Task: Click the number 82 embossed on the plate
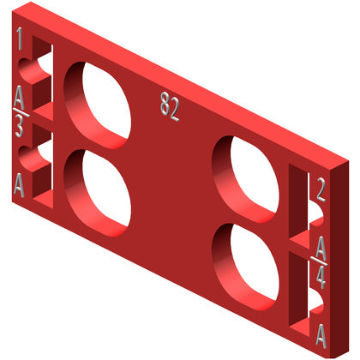(170, 106)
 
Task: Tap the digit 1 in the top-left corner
(20, 39)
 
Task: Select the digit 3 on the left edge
(19, 127)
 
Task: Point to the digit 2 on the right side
(321, 189)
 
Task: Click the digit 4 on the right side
(321, 277)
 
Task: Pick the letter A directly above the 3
(19, 97)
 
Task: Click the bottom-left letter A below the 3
(19, 186)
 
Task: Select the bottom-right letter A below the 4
(321, 336)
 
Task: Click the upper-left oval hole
(98, 105)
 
